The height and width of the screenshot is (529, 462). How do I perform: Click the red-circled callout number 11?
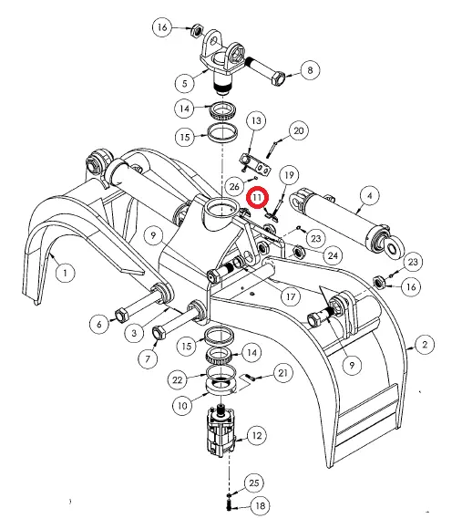coord(258,197)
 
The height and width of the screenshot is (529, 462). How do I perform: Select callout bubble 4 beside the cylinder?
coord(370,195)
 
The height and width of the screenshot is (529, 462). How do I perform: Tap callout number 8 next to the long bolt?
coord(310,70)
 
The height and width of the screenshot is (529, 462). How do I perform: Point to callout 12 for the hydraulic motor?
coord(257,435)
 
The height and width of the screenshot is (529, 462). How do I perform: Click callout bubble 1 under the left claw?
coord(65,272)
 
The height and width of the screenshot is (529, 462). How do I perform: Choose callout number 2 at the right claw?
coord(425,345)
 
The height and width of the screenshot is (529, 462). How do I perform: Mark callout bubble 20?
coord(299,130)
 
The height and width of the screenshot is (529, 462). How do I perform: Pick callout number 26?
coord(234,186)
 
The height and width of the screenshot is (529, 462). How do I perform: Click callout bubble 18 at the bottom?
coord(260,505)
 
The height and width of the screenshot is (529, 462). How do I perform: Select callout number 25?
coord(253,482)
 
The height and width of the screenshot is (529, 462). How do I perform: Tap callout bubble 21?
coord(282,373)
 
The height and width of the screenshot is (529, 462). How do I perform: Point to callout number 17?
coord(291,296)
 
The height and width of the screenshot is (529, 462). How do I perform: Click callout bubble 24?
coord(333,255)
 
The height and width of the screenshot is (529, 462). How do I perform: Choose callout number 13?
coord(256,120)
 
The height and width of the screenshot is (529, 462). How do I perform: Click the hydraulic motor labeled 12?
coord(221,431)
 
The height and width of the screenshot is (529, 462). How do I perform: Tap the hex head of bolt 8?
coord(278,79)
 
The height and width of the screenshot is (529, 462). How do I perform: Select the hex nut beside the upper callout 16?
coord(196,31)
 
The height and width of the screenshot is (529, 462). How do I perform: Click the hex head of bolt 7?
coord(159,332)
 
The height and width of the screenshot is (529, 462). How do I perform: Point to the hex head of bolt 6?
coord(121,316)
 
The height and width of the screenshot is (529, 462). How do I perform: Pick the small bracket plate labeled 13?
coord(255,164)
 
